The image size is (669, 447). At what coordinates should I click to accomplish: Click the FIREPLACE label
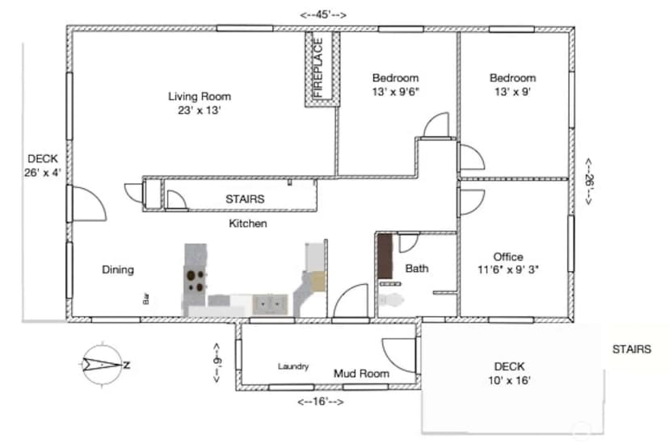318,68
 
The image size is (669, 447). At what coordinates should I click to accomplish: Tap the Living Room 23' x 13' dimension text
200,111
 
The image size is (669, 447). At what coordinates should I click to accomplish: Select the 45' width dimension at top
323,15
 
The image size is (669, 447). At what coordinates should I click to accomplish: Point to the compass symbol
103,365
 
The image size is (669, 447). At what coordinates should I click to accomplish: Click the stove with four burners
196,281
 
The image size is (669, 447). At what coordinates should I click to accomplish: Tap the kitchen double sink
270,304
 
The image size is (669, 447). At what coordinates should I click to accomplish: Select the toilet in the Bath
391,300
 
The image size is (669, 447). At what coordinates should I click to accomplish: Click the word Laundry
293,366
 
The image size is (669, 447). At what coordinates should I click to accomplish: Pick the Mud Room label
361,374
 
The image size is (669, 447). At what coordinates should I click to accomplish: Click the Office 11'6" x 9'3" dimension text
507,269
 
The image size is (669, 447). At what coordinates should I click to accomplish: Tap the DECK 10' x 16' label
509,374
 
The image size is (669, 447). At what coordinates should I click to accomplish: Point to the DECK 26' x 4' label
43,165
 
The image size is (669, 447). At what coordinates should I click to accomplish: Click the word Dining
118,269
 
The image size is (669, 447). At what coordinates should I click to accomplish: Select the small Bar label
146,299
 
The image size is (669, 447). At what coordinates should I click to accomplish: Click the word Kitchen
248,223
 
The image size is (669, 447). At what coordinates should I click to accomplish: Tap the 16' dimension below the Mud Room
321,402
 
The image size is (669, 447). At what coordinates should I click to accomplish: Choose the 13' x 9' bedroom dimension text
512,92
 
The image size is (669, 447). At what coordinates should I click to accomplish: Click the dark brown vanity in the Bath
385,256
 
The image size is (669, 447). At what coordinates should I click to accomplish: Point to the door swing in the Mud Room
398,354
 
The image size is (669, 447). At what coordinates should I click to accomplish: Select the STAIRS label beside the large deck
632,349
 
